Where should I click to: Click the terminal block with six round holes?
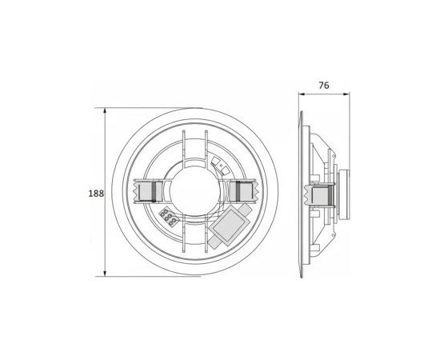(x=170, y=216)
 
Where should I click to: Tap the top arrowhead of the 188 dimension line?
(x=109, y=110)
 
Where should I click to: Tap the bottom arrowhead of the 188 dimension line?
(x=109, y=274)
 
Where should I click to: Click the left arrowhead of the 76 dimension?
(x=302, y=93)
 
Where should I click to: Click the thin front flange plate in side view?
(x=302, y=192)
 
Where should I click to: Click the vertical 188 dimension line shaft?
(x=109, y=160)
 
